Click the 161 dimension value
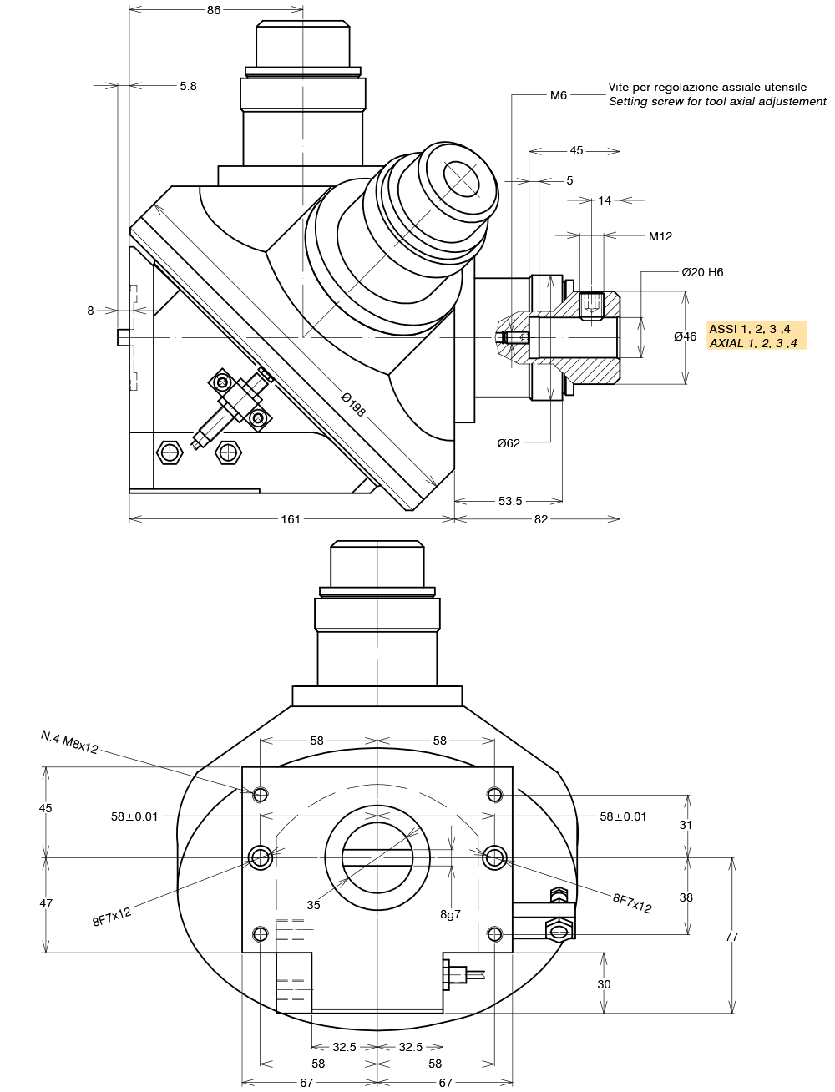(291, 519)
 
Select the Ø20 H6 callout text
(702, 272)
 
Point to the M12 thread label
(660, 236)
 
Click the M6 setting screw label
(559, 95)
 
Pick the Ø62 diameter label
(509, 443)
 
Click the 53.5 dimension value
(510, 501)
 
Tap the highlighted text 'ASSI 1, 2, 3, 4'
(750, 329)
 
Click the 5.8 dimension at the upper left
(188, 86)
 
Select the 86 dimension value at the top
(214, 10)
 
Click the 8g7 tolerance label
(450, 914)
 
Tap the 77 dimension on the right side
(731, 937)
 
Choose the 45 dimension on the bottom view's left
(46, 808)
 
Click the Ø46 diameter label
(685, 336)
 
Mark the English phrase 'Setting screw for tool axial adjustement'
(717, 102)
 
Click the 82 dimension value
(541, 519)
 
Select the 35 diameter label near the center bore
(313, 905)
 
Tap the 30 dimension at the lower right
(604, 984)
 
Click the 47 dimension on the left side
(46, 903)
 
